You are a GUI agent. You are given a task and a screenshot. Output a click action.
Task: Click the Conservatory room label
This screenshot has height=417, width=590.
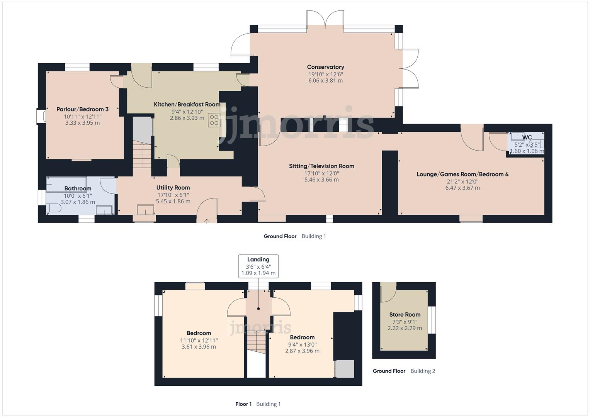325,67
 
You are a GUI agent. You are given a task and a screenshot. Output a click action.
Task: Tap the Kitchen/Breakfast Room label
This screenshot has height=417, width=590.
187,105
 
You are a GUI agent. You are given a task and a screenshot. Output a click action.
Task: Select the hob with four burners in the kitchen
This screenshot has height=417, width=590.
214,120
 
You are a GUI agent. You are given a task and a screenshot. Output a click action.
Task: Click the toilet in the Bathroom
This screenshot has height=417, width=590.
54,208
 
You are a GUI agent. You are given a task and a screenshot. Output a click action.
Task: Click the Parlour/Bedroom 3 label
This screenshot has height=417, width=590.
82,109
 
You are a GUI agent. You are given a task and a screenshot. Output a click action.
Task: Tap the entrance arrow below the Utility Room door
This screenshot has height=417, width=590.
207,221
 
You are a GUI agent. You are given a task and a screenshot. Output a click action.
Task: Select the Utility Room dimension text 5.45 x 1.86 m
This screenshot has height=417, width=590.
173,202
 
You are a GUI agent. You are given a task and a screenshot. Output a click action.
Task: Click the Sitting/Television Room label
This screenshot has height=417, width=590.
321,166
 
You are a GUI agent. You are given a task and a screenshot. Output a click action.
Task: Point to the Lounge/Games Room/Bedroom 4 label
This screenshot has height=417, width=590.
462,174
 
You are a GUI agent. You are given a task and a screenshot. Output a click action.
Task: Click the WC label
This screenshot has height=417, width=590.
527,137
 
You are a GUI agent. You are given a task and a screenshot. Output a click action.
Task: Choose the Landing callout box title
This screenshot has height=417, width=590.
258,259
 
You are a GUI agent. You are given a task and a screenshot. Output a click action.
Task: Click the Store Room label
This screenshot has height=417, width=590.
405,315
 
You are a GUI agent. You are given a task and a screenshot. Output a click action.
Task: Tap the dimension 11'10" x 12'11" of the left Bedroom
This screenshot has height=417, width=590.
199,340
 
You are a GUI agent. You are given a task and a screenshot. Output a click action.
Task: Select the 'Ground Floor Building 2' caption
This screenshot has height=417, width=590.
404,371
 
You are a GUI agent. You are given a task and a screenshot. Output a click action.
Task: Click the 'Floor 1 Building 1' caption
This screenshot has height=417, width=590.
258,404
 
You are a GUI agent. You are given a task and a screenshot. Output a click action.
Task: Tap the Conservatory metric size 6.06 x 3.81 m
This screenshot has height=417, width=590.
325,81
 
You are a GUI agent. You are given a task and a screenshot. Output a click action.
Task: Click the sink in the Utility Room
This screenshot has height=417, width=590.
145,209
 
